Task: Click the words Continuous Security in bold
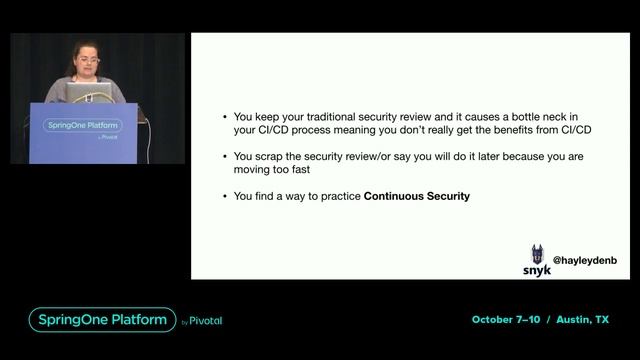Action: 416,197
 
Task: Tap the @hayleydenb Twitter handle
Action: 585,260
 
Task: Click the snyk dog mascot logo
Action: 537,254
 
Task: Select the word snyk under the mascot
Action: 537,270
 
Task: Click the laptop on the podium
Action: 88,92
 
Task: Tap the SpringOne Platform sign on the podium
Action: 81,125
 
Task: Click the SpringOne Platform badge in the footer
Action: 100,320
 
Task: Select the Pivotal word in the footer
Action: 206,321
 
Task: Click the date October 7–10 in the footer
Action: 506,320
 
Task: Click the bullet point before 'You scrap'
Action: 225,156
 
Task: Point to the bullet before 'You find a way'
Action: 225,197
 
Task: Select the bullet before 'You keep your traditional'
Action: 225,116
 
